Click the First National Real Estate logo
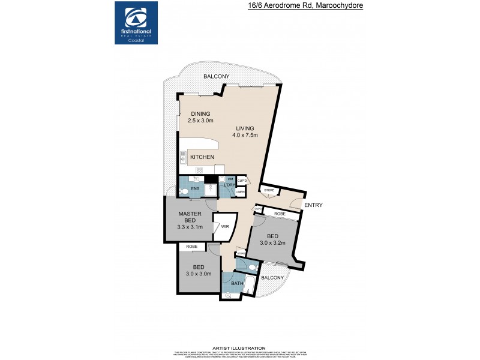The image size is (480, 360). tap(136, 22)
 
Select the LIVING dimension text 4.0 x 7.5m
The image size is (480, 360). tap(245, 135)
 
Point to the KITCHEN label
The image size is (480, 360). tap(202, 157)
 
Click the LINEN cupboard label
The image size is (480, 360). tap(241, 192)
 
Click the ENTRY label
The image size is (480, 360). tap(313, 205)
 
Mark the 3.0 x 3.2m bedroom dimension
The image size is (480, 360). tap(274, 243)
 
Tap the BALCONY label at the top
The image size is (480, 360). tap(216, 76)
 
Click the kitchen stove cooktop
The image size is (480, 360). tap(183, 158)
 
